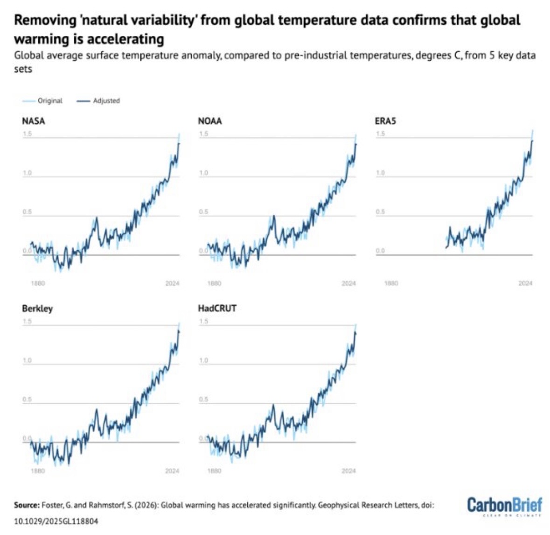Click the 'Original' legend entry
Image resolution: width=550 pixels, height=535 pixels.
pyautogui.click(x=50, y=101)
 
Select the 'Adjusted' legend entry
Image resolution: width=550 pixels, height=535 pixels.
pyautogui.click(x=106, y=101)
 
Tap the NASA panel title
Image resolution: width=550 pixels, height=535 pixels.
pyautogui.click(x=34, y=121)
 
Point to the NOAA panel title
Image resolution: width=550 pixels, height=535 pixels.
pyautogui.click(x=210, y=121)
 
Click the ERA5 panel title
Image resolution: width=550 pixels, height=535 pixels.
pyautogui.click(x=385, y=121)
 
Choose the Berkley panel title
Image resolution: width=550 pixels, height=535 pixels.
pyautogui.click(x=37, y=309)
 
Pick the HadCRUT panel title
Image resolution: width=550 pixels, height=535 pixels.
pyautogui.click(x=217, y=309)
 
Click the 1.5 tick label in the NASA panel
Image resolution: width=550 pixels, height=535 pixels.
pyautogui.click(x=27, y=134)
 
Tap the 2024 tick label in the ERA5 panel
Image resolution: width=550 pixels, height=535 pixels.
pyautogui.click(x=525, y=283)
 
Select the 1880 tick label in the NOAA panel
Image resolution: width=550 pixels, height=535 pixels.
pyautogui.click(x=214, y=283)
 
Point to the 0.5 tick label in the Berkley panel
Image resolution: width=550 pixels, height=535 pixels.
pyautogui.click(x=27, y=400)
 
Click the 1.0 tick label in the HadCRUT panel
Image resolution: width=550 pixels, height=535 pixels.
pyautogui.click(x=203, y=360)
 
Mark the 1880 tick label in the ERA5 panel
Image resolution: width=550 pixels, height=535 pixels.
pyautogui.click(x=391, y=283)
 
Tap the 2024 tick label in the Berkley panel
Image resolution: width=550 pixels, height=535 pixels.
pyautogui.click(x=172, y=471)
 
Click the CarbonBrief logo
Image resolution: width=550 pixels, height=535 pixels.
pyautogui.click(x=505, y=506)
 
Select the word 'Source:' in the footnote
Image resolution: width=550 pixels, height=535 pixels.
pyautogui.click(x=27, y=505)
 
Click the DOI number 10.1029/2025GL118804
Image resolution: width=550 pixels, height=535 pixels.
pyautogui.click(x=56, y=521)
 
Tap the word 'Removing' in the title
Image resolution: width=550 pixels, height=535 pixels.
pyautogui.click(x=41, y=20)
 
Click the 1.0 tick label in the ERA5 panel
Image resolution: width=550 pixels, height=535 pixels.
pyautogui.click(x=381, y=173)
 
